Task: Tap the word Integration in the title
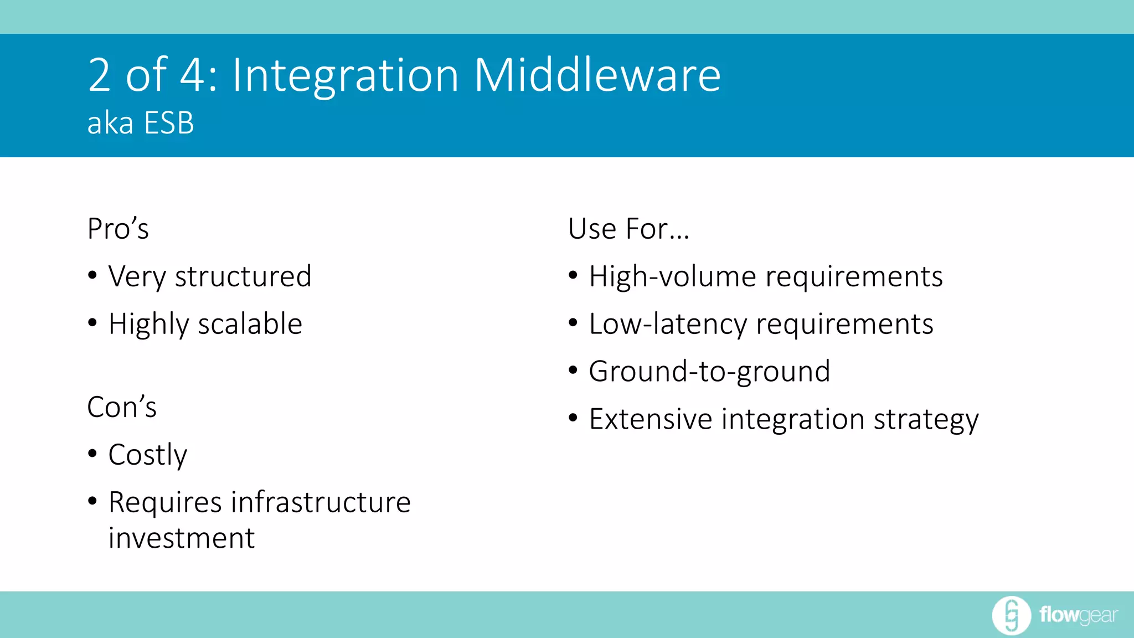tap(346, 75)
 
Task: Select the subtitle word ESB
tap(169, 123)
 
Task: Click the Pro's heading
tap(118, 229)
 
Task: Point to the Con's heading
tap(122, 407)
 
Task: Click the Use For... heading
tap(628, 229)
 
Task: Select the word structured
tap(243, 276)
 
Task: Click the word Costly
tap(148, 455)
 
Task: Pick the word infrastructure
tap(321, 502)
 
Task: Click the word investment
tap(182, 538)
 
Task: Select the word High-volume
tap(672, 276)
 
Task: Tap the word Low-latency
tap(668, 324)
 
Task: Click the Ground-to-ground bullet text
tap(709, 372)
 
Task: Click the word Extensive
tap(651, 419)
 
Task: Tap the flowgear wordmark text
tap(1078, 615)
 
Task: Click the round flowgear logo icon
tap(1011, 615)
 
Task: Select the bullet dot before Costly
tap(92, 454)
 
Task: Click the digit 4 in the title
tap(192, 75)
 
